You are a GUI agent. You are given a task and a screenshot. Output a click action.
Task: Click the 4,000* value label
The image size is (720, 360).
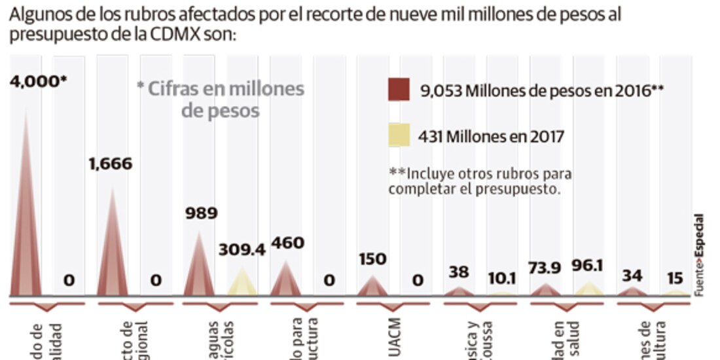[x=39, y=82]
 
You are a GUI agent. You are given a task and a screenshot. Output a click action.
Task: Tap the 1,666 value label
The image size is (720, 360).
[x=111, y=164]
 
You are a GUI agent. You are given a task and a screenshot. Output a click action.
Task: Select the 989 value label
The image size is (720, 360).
[x=201, y=213]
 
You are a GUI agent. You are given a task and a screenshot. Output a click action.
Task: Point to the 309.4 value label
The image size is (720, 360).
[x=242, y=250]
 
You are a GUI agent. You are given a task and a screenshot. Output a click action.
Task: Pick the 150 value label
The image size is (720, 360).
[x=372, y=258]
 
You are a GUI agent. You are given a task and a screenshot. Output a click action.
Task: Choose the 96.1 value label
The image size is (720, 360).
[x=587, y=266]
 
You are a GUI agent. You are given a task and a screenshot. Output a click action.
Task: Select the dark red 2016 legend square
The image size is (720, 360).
[x=399, y=90]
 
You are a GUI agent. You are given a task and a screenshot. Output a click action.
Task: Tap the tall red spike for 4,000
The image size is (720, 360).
[x=27, y=209]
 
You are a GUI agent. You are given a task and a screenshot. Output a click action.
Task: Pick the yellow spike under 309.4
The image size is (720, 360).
[x=242, y=283]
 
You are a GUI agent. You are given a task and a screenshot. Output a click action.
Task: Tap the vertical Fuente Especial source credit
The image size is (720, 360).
[x=700, y=255]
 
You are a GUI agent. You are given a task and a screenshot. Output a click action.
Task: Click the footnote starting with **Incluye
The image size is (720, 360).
[x=480, y=181]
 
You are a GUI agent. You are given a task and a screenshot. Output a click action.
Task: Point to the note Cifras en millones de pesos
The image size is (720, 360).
[x=221, y=99]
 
